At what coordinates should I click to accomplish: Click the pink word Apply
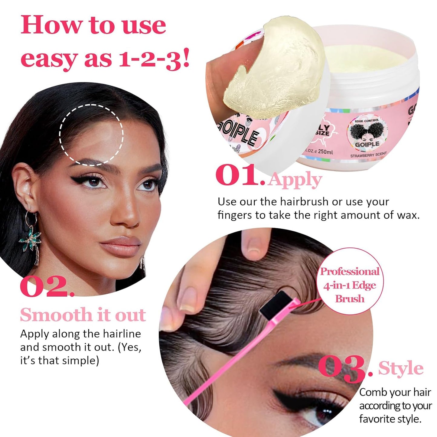point(295,180)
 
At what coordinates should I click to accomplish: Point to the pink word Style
point(401,368)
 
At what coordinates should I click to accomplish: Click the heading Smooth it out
point(83,315)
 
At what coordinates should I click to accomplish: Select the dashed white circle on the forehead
point(91,135)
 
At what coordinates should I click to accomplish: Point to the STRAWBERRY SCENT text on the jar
point(368,155)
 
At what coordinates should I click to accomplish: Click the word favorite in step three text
point(375,419)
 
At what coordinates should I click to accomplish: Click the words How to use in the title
point(93,25)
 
